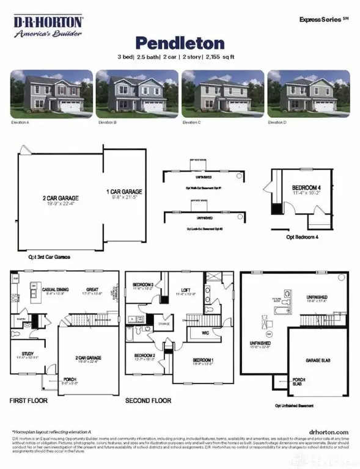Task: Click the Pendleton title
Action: tap(180, 43)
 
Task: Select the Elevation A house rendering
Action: tap(51, 93)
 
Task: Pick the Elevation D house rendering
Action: tap(308, 93)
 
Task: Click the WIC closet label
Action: tap(207, 333)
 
